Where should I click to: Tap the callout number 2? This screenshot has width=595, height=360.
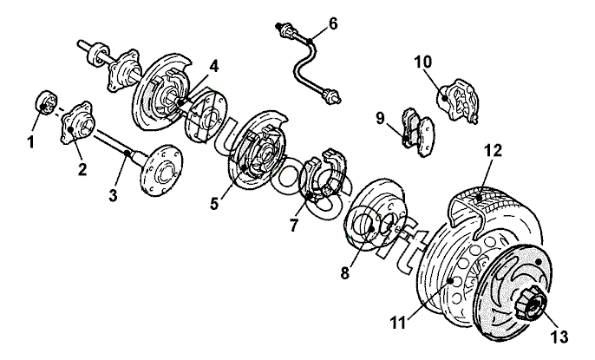[82, 169]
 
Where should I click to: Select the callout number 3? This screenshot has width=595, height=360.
[113, 197]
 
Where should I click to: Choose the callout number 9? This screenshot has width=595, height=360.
[380, 118]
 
